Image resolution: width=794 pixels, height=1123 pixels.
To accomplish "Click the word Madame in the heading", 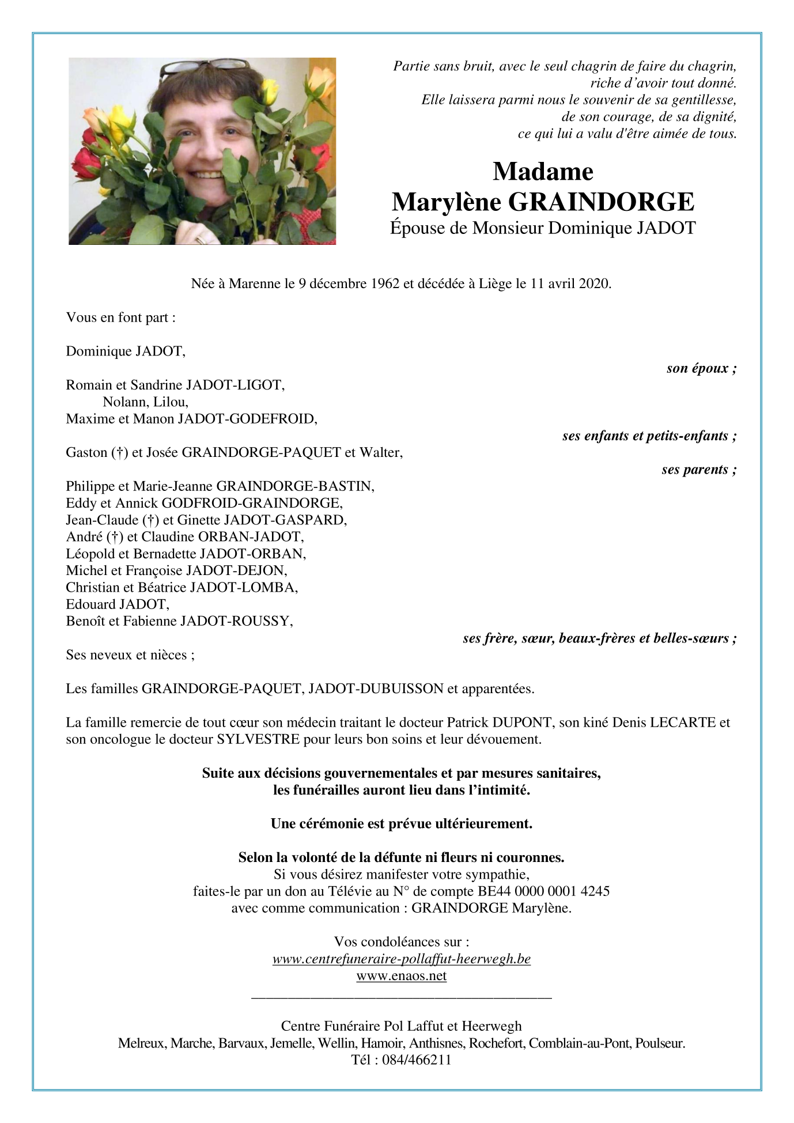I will (x=543, y=172).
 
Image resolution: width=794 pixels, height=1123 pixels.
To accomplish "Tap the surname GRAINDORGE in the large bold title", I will (x=600, y=202).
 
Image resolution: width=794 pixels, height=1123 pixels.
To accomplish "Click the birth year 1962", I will (x=385, y=283).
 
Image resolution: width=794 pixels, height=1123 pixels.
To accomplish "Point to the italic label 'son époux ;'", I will (x=701, y=368).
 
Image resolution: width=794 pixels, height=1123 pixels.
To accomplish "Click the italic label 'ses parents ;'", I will (x=699, y=470).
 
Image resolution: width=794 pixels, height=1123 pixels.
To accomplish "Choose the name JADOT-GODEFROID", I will (x=247, y=419).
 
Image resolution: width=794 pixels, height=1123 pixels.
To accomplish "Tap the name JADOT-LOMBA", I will (x=243, y=588).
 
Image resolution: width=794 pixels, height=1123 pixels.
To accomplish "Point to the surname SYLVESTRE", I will (x=258, y=739).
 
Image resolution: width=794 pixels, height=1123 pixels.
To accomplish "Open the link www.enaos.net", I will (x=402, y=975).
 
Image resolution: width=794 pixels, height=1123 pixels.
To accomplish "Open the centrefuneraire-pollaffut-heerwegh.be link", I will (x=402, y=959).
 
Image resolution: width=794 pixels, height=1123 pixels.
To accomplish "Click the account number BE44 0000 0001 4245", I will (x=544, y=891).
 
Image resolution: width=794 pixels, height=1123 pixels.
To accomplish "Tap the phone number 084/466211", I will (x=417, y=1060).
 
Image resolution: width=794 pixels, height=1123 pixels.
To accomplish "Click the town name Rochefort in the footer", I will (x=496, y=1043).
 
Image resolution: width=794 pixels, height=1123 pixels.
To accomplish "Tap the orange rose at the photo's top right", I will (x=320, y=81).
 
